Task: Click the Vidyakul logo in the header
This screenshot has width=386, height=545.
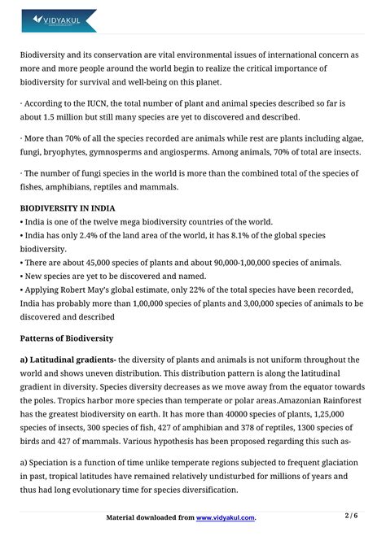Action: coord(58,20)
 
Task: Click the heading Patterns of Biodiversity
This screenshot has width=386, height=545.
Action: coord(67,338)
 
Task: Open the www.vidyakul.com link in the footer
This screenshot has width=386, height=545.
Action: coord(226,517)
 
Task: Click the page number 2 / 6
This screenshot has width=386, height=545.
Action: coord(353,516)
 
